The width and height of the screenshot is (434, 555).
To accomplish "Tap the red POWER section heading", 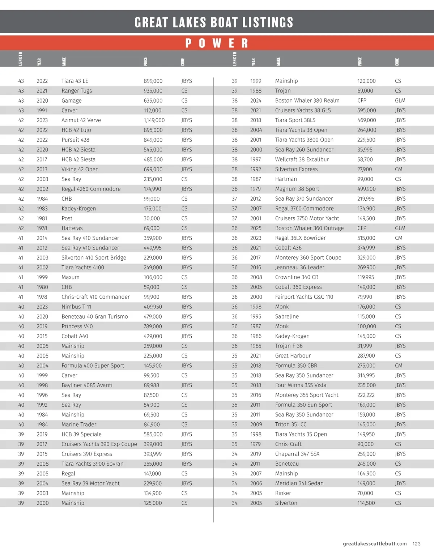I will click(x=217, y=43).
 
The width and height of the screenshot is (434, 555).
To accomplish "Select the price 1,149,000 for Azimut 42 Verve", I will click(x=154, y=120).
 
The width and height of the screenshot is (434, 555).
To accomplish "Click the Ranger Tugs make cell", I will click(x=77, y=91).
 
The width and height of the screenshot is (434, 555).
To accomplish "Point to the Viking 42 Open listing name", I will click(x=80, y=169).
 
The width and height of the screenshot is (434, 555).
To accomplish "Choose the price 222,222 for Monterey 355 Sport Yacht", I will click(x=366, y=395).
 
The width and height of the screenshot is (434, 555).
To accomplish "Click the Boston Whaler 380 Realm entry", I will click(x=307, y=101).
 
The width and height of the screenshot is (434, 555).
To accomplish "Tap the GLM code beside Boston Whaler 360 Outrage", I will click(x=400, y=228).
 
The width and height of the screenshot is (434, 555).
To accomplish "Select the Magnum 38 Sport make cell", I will click(x=297, y=189).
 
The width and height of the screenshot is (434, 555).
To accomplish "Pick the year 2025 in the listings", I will click(x=256, y=228).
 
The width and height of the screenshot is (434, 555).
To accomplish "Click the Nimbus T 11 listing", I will click(x=76, y=307).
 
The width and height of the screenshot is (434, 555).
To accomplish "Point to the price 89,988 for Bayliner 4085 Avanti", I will click(x=151, y=385).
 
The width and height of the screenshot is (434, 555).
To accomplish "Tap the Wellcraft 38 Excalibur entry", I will click(x=302, y=159).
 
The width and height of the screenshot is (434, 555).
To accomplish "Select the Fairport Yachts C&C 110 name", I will click(x=304, y=297).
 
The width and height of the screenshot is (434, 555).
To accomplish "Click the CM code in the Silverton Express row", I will click(x=399, y=169).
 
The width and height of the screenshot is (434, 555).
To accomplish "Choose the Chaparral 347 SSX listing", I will click(x=297, y=454).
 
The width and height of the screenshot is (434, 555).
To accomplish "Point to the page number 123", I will click(x=417, y=544).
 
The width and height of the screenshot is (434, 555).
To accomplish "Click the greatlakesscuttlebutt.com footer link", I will click(x=375, y=544).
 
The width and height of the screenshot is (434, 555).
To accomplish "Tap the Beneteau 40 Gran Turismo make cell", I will click(x=94, y=317).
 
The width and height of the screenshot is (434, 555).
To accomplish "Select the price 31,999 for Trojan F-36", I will click(x=365, y=346).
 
